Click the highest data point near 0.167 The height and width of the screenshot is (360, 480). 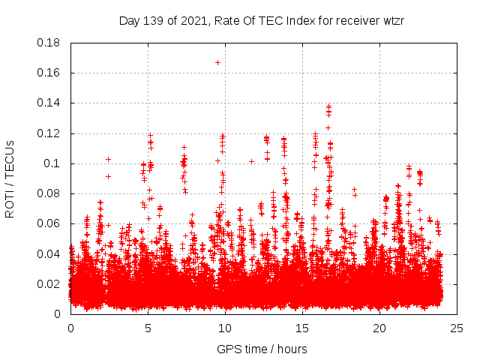217,62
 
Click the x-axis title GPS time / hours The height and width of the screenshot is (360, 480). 262,349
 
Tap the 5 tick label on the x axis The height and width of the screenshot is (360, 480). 148,328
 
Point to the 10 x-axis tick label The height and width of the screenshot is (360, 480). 225,328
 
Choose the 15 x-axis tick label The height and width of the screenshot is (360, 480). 302,328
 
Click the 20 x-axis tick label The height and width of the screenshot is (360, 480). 379,328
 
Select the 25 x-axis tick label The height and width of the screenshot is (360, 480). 457,328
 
